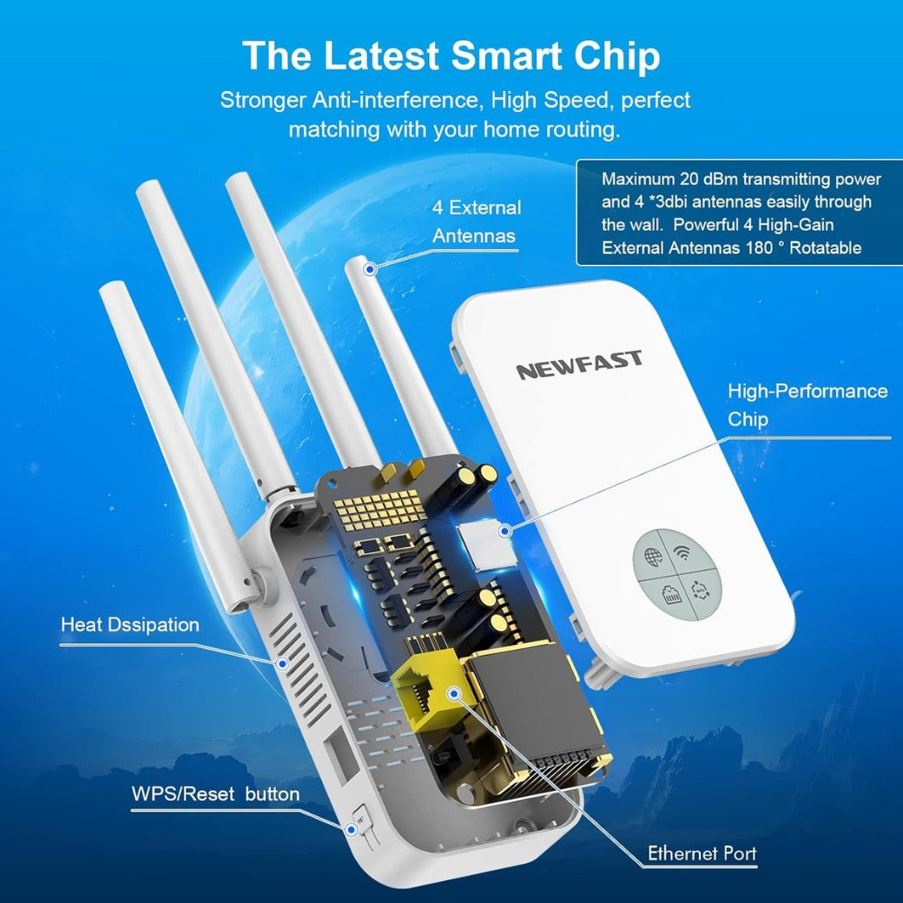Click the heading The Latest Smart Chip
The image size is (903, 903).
click(x=451, y=56)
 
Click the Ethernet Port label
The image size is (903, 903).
click(x=702, y=854)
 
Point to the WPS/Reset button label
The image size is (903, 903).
click(x=215, y=794)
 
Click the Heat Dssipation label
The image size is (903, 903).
click(x=129, y=625)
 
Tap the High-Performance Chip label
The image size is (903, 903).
click(x=807, y=405)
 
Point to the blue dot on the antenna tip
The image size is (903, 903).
click(x=370, y=269)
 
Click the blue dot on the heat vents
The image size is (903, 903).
click(x=281, y=663)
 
